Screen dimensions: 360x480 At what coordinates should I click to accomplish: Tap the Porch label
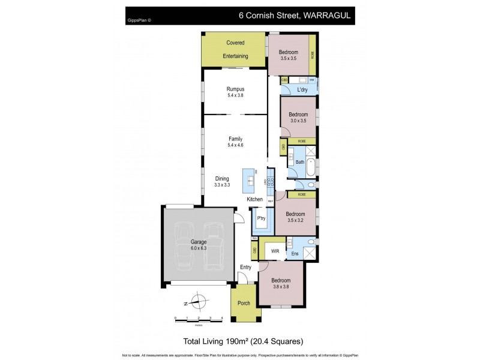[x=244, y=303]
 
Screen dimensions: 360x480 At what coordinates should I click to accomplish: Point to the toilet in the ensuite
[x=310, y=242]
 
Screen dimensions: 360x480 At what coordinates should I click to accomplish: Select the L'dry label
[x=303, y=91]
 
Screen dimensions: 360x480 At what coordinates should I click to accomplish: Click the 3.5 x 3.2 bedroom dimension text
[x=295, y=220]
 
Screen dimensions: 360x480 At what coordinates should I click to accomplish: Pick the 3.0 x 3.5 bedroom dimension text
[x=298, y=121]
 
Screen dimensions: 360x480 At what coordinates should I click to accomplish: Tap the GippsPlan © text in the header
[x=139, y=20]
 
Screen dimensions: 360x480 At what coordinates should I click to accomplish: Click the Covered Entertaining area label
[x=236, y=49]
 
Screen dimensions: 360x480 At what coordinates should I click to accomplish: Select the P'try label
[x=261, y=219]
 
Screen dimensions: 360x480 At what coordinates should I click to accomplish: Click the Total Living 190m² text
[x=215, y=341]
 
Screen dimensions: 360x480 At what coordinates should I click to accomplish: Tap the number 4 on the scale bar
[x=222, y=318]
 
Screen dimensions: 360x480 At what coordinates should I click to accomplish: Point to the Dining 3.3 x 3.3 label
[x=222, y=182]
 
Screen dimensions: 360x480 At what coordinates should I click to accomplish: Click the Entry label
[x=246, y=267]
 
